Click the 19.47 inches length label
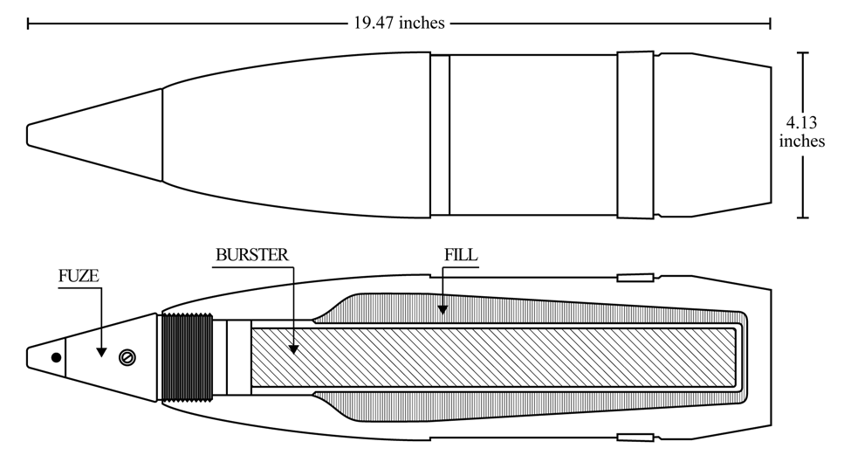click(x=400, y=23)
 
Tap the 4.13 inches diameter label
click(x=801, y=132)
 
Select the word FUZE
click(x=79, y=276)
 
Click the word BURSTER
click(x=252, y=255)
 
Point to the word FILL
click(x=461, y=255)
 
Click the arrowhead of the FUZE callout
click(x=101, y=352)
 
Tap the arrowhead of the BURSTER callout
click(x=293, y=349)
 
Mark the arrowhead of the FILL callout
click(x=443, y=309)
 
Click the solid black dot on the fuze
click(x=56, y=357)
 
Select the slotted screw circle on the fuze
click(x=127, y=357)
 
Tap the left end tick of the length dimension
click(x=28, y=24)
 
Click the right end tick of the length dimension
click(x=770, y=24)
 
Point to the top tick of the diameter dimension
click(x=803, y=53)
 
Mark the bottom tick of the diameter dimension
click(x=803, y=217)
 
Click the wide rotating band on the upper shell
click(x=635, y=135)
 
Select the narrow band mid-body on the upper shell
click(x=440, y=135)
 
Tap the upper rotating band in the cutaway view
click(x=635, y=278)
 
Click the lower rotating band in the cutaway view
click(x=635, y=438)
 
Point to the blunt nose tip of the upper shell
click(x=28, y=134)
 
